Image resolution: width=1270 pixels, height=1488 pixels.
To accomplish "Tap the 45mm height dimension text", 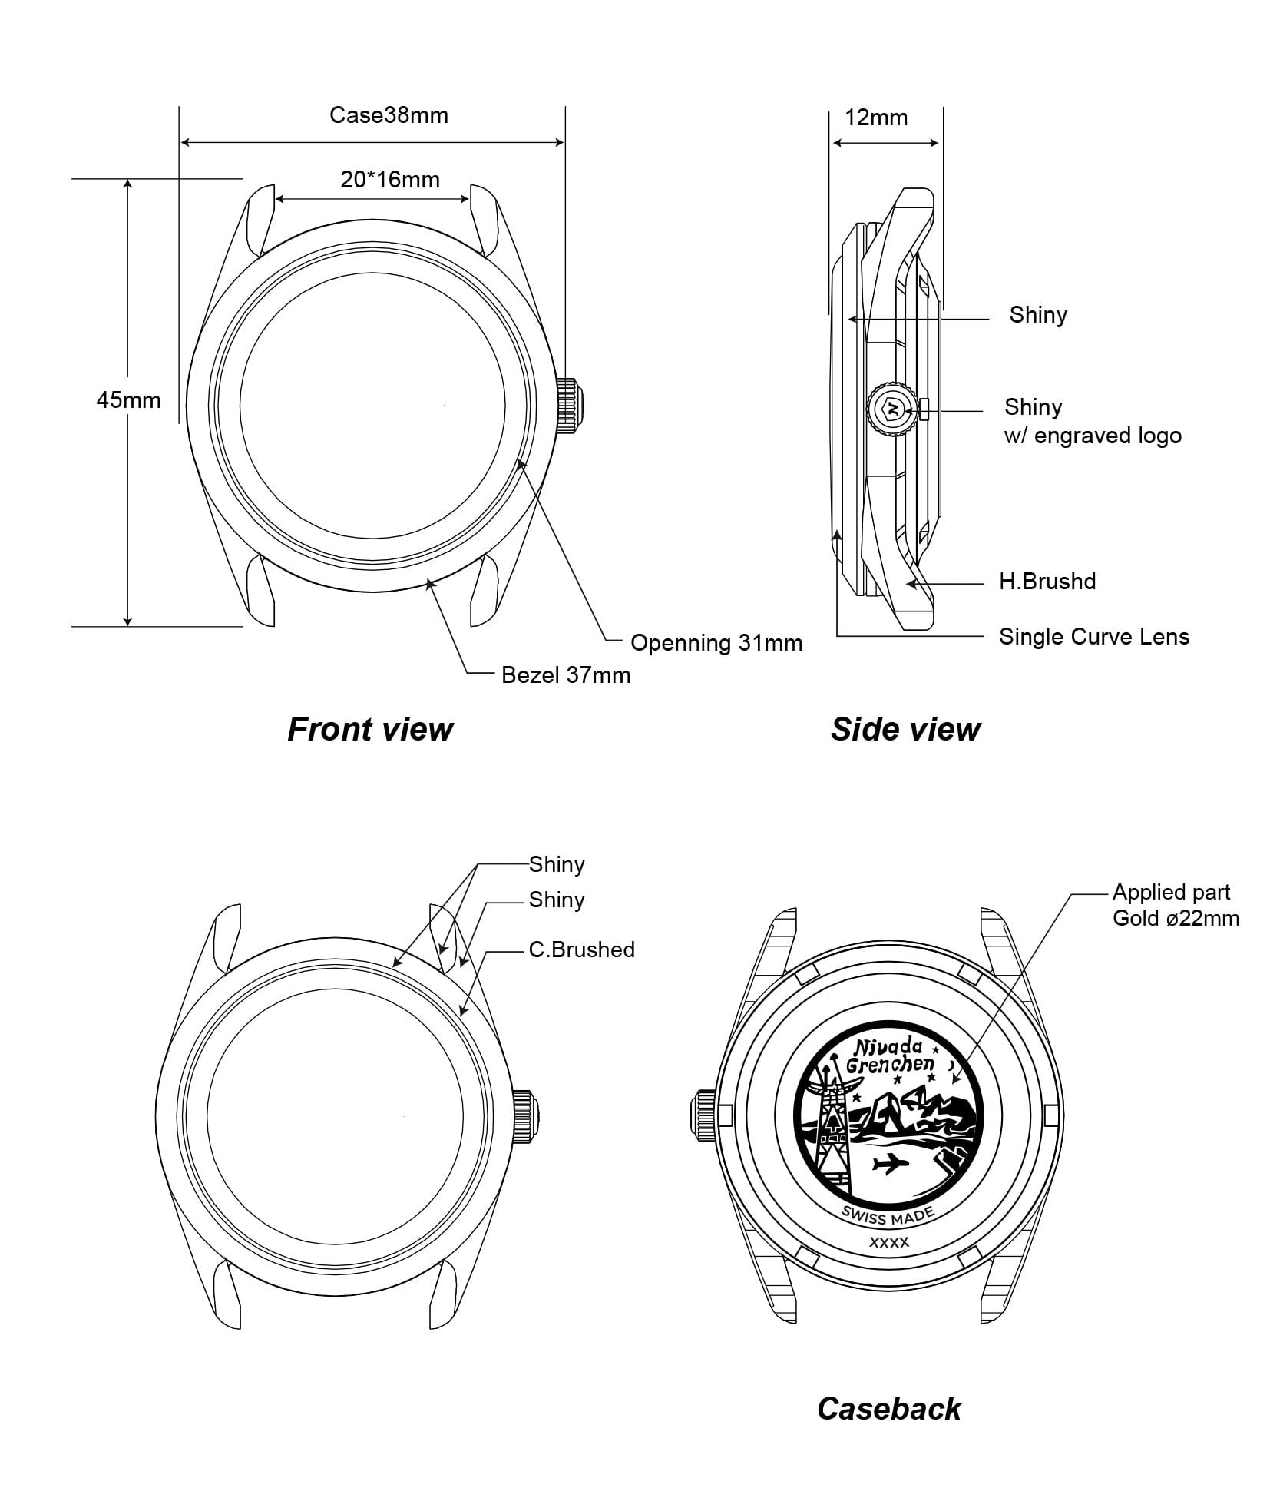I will click(128, 400).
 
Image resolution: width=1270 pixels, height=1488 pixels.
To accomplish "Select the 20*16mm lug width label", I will click(389, 180).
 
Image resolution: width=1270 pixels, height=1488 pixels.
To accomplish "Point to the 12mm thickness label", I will click(875, 118).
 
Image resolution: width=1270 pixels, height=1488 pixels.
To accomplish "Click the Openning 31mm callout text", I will click(716, 643).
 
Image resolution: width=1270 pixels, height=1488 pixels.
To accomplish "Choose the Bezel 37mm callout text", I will click(565, 675).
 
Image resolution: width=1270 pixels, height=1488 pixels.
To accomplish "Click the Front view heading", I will click(370, 729).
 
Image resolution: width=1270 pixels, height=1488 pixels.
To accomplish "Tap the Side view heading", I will click(905, 729).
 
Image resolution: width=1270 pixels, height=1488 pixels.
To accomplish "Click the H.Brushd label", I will click(1047, 582).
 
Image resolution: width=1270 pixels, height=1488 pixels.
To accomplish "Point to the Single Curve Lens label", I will click(1093, 637).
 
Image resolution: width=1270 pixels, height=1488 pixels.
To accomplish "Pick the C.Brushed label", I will click(581, 950).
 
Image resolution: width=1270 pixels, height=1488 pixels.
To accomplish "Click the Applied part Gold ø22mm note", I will click(1175, 905).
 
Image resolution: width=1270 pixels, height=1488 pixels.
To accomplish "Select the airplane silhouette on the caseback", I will click(891, 1165).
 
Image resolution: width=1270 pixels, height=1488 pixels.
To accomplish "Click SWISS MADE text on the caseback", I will click(888, 1215).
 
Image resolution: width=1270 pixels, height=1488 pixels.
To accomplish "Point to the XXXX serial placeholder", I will click(888, 1242).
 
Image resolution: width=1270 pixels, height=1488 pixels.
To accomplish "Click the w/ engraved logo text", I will click(1092, 436).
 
